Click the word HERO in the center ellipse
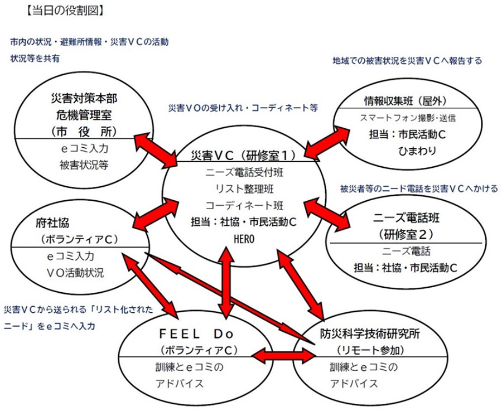pyautogui.click(x=244, y=239)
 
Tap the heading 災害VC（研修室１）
pyautogui.click(x=243, y=156)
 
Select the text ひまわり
pyautogui.click(x=417, y=151)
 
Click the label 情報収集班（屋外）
pyautogui.click(x=405, y=101)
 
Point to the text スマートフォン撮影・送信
pyautogui.click(x=408, y=118)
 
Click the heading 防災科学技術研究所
pyautogui.click(x=370, y=334)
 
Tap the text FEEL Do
pyautogui.click(x=196, y=334)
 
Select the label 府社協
pyautogui.click(x=52, y=223)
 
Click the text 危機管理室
pyautogui.click(x=84, y=114)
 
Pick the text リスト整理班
pyautogui.click(x=245, y=188)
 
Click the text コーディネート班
pyautogui.click(x=244, y=205)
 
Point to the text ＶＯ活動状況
pyautogui.click(x=75, y=273)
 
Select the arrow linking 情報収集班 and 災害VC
pyautogui.click(x=327, y=142)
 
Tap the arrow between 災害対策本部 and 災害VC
pyautogui.click(x=156, y=151)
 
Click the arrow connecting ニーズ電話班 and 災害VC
pyautogui.click(x=327, y=213)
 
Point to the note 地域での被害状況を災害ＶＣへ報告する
pyautogui.click(x=407, y=60)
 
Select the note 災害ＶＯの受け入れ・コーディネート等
pyautogui.click(x=243, y=108)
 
